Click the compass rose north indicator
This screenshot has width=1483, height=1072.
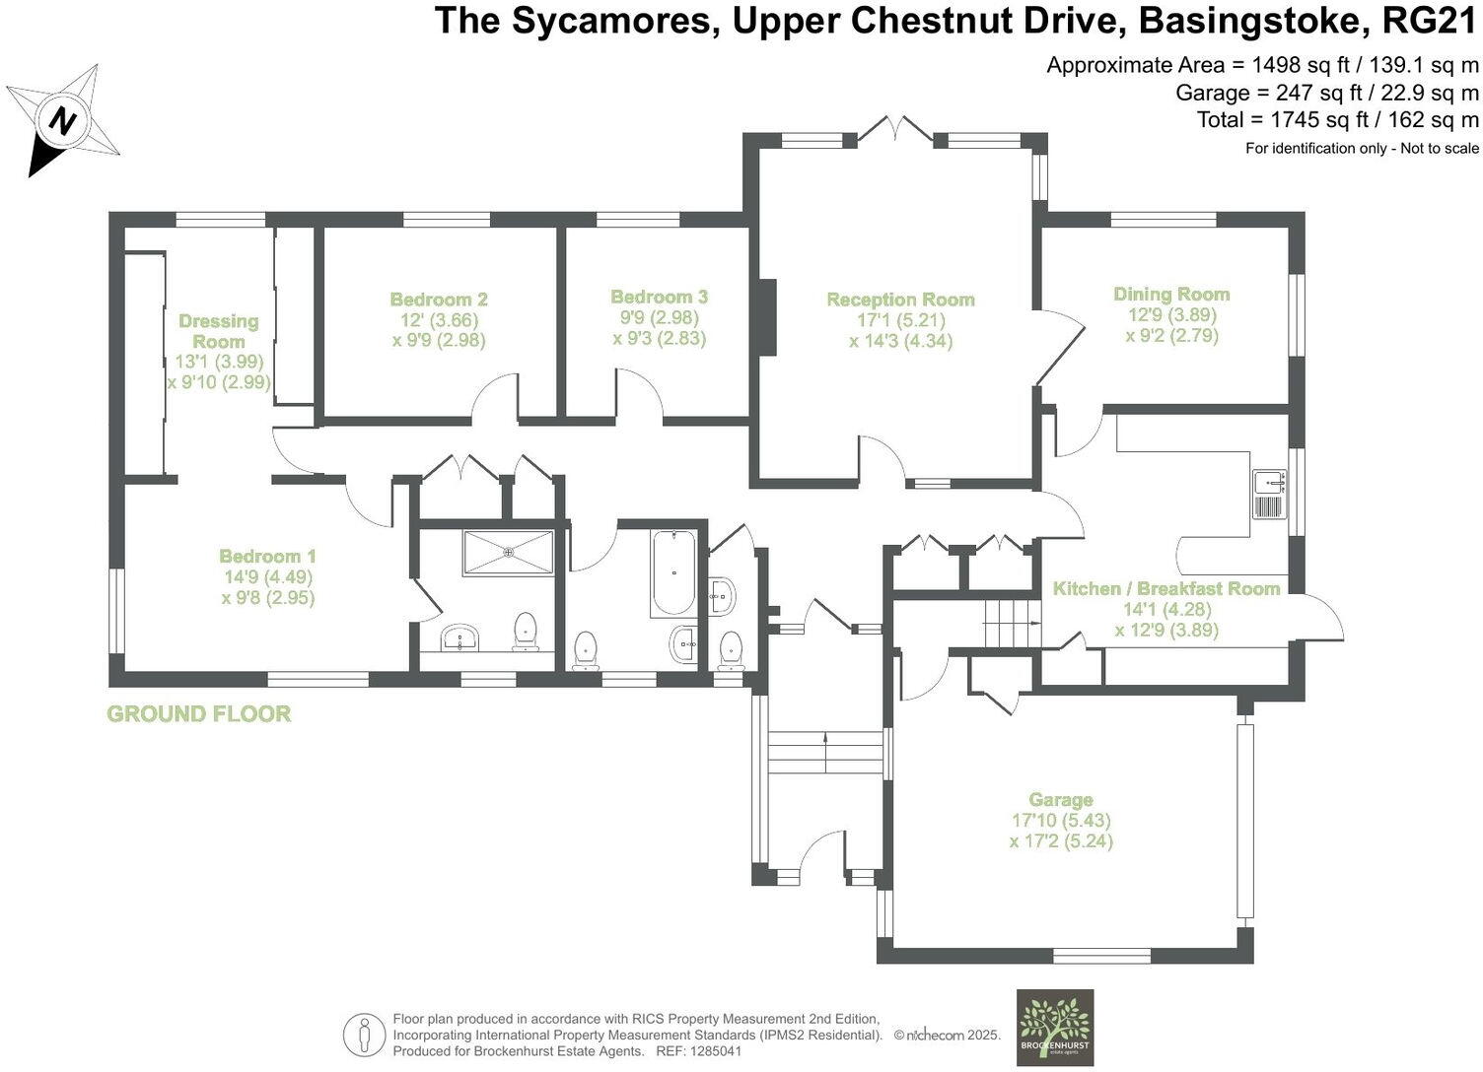[63, 121]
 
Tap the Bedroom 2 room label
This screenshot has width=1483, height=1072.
[439, 300]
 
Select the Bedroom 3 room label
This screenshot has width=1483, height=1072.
[659, 297]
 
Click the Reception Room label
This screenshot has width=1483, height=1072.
[900, 300]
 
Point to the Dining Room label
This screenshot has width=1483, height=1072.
[1171, 294]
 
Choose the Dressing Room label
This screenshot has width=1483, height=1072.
[219, 331]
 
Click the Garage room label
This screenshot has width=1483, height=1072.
[1061, 800]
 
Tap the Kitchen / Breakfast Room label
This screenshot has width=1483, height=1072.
[1166, 588]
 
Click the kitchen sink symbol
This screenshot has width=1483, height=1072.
[1268, 494]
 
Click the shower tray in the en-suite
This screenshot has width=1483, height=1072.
[509, 553]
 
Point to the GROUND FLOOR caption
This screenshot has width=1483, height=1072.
[198, 714]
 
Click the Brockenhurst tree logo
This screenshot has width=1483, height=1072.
[1054, 1027]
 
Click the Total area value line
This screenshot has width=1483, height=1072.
[1337, 120]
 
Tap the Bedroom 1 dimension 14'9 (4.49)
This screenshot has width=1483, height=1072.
[267, 577]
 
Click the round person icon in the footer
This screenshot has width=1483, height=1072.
[365, 1035]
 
